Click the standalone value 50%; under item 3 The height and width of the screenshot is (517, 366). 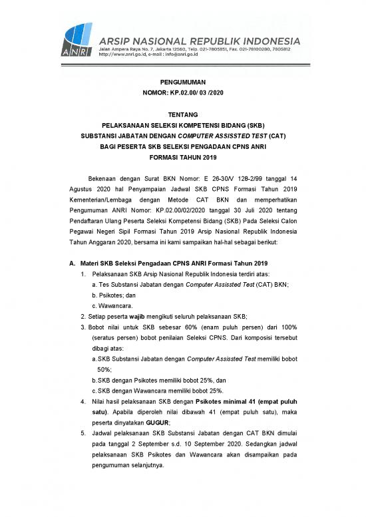(104, 369)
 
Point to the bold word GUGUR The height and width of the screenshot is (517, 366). (158, 423)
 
